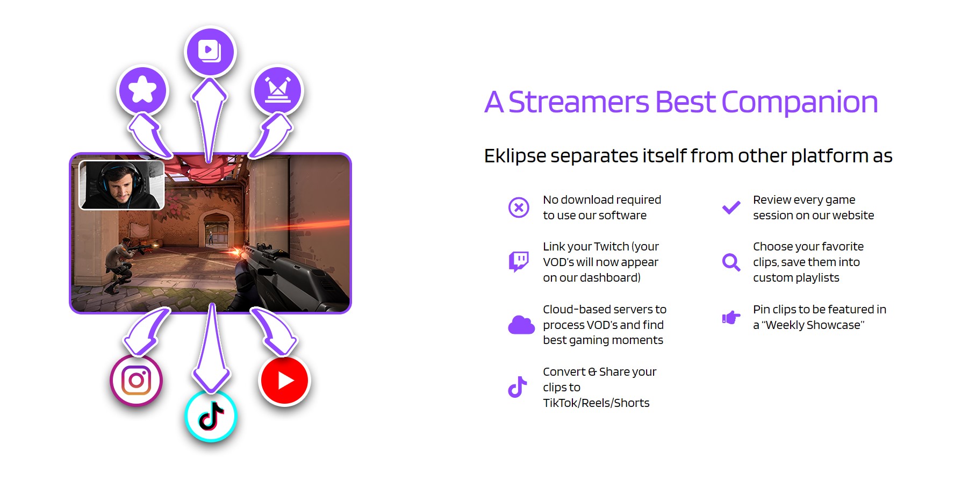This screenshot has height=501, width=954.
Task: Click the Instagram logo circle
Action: (136, 381)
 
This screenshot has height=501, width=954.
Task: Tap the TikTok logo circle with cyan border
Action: (211, 416)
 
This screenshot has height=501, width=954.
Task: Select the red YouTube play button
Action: (285, 381)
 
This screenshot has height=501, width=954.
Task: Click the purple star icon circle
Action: (143, 90)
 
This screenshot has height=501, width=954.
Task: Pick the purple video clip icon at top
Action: (210, 52)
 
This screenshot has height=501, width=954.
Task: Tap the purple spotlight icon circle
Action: (277, 90)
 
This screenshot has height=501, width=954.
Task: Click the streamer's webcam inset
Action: (121, 185)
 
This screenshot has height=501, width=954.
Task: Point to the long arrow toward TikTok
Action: (212, 349)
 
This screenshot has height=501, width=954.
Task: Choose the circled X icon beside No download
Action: (519, 207)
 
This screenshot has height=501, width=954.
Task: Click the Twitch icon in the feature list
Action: (519, 262)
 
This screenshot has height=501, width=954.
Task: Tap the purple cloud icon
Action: (521, 325)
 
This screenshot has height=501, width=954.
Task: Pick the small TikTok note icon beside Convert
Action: (518, 387)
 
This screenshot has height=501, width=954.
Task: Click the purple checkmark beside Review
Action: (731, 207)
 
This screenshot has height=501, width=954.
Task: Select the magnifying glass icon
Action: (731, 262)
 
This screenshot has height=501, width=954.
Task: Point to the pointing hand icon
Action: (731, 317)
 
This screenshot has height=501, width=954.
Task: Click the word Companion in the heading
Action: (799, 102)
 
